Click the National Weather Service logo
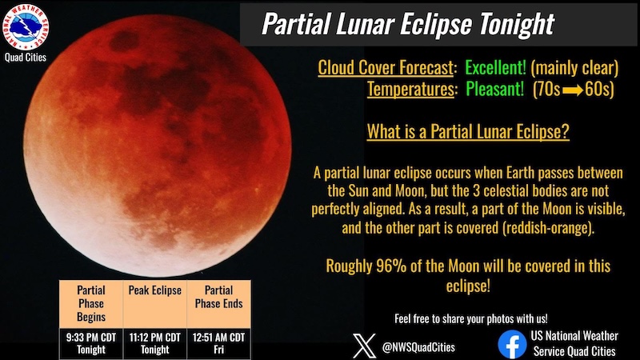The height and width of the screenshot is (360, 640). coord(26,27)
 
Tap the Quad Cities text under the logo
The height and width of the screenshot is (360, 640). coord(26,58)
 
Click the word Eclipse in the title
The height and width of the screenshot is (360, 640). coord(436,25)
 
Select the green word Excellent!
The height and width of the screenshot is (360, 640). coord(495,68)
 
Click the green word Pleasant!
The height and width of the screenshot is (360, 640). coord(494,89)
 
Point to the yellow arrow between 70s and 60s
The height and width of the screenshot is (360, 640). coord(572,90)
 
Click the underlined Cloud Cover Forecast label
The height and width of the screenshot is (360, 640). coord(386,68)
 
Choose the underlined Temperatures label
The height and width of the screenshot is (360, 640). coord(410,89)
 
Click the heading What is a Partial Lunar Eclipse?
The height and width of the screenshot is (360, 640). coord(468,131)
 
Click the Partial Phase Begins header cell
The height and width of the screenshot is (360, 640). coord(91,304)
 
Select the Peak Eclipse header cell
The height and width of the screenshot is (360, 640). coord(154,304)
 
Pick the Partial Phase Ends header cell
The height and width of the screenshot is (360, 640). coord(218,304)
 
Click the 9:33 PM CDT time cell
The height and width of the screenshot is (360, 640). coord(91,344)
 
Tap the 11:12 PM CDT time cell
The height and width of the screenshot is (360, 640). coord(154,344)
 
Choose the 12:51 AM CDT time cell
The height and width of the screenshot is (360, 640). coord(218,344)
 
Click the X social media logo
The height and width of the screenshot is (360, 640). coord(364,346)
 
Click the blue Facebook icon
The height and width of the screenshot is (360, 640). coord(512,344)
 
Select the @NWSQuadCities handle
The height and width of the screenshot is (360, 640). coord(418,347)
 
